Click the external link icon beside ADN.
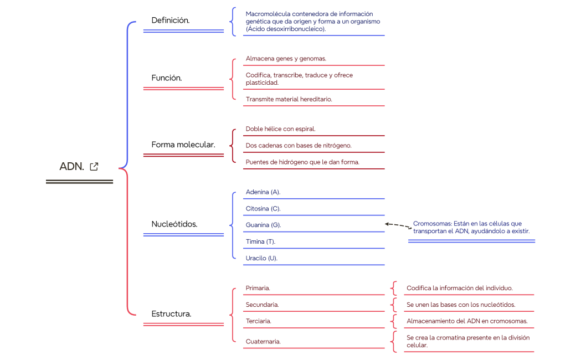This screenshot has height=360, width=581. click(x=94, y=166)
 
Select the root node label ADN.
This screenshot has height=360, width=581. click(x=71, y=167)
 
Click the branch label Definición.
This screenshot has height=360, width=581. click(x=171, y=20)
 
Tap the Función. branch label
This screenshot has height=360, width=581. click(x=167, y=78)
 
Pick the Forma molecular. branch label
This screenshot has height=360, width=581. click(x=183, y=145)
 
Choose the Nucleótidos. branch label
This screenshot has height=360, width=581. click(x=174, y=224)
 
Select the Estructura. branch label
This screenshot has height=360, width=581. click(x=172, y=313)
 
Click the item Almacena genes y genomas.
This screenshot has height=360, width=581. click(x=286, y=58)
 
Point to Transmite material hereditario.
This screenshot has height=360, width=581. click(x=289, y=99)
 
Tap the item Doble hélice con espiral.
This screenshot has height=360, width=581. click(x=280, y=129)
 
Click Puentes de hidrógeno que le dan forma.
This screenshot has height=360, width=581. click(x=302, y=162)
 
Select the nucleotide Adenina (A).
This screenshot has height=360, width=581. click(x=263, y=192)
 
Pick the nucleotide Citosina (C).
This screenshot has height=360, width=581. click(x=263, y=209)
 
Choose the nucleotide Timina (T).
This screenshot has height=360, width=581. click(x=260, y=241)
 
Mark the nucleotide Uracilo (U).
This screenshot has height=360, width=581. click(x=261, y=258)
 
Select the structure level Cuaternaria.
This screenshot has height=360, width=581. click(x=263, y=341)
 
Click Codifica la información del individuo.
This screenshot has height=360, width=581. click(x=460, y=288)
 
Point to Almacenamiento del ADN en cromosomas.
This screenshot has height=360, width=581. click(x=467, y=321)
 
